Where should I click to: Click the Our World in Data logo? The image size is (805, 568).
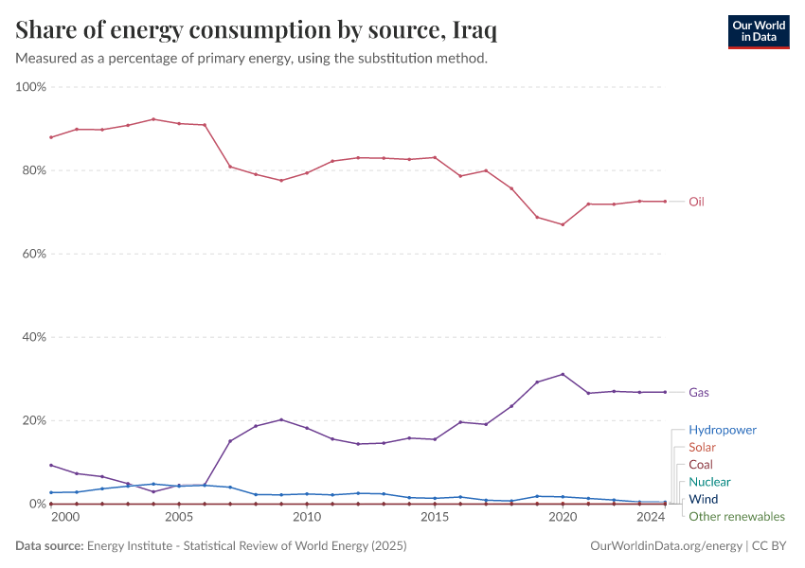758,31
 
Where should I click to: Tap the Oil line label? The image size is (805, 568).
696,202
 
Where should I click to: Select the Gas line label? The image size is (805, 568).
698,392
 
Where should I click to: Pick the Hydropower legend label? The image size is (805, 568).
722,430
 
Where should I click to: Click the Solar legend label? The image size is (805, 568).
702,447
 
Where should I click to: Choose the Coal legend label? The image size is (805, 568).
701,465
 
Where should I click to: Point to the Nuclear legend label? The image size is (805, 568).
709,482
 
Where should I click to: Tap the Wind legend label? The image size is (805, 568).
703,499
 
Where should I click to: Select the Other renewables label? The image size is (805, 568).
736,517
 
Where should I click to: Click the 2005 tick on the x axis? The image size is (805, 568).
179,518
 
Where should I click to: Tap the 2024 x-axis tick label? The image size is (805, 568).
651,518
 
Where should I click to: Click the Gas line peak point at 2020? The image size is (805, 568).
563,374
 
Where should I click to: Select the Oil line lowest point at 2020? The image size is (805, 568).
563,224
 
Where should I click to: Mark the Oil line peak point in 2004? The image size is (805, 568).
153,119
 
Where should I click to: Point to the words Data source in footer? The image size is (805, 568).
49,546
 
